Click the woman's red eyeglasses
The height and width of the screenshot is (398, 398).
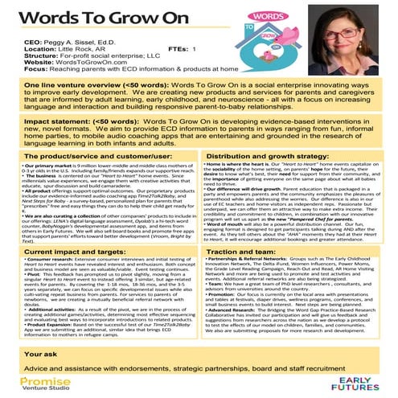[x=357, y=39]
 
